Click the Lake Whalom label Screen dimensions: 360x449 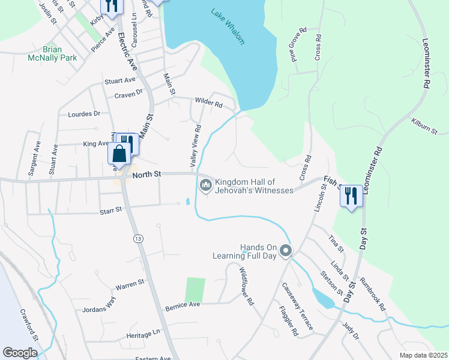[228, 26]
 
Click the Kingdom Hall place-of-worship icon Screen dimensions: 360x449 [206, 185]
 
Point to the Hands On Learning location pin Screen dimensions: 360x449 [286, 251]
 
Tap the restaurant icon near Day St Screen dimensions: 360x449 [351, 196]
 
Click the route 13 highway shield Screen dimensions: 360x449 [139, 239]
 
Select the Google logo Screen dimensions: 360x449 [20, 353]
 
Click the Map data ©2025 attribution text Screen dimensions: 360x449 [423, 355]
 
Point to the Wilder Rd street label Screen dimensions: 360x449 [209, 103]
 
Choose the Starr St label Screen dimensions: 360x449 [110, 210]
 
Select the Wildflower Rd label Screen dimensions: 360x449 [246, 286]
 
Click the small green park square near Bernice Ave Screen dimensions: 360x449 [194, 290]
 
